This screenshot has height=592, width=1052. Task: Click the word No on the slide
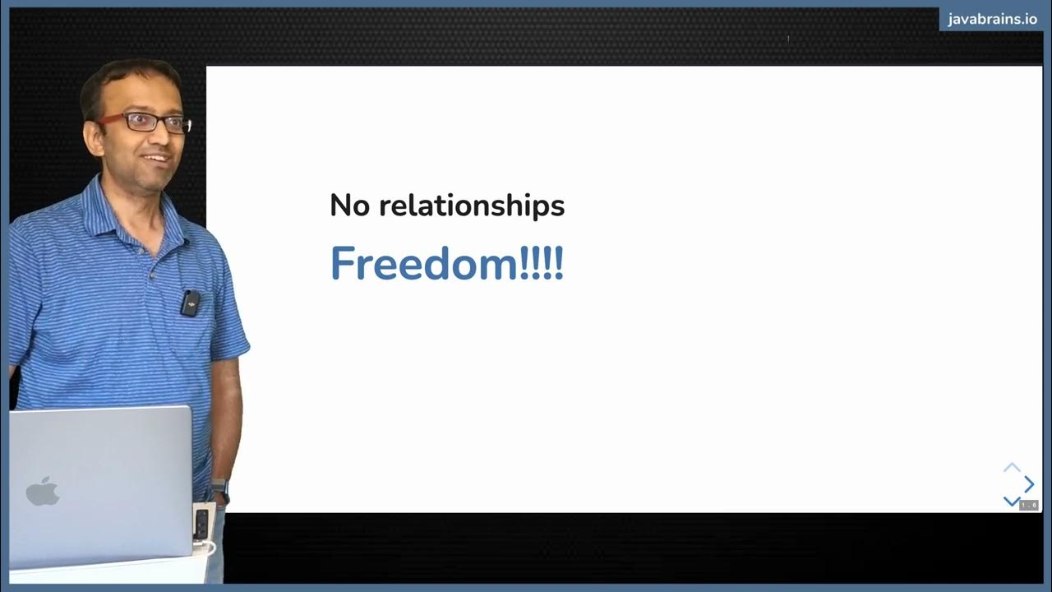(x=349, y=206)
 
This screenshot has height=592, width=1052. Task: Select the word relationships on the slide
(x=472, y=206)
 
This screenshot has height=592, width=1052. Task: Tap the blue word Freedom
(x=424, y=264)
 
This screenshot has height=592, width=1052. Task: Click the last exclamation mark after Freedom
(x=559, y=264)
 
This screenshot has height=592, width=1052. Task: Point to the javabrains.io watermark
(x=992, y=20)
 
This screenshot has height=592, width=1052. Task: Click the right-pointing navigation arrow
(x=1029, y=484)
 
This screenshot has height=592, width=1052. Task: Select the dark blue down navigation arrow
(x=1012, y=501)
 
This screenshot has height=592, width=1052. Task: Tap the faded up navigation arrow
(x=1012, y=468)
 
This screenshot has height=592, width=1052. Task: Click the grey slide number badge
(x=1029, y=505)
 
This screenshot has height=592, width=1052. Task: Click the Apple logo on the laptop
(x=43, y=492)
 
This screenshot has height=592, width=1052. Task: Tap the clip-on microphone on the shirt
(x=190, y=303)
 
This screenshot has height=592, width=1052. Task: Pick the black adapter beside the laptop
(x=201, y=523)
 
